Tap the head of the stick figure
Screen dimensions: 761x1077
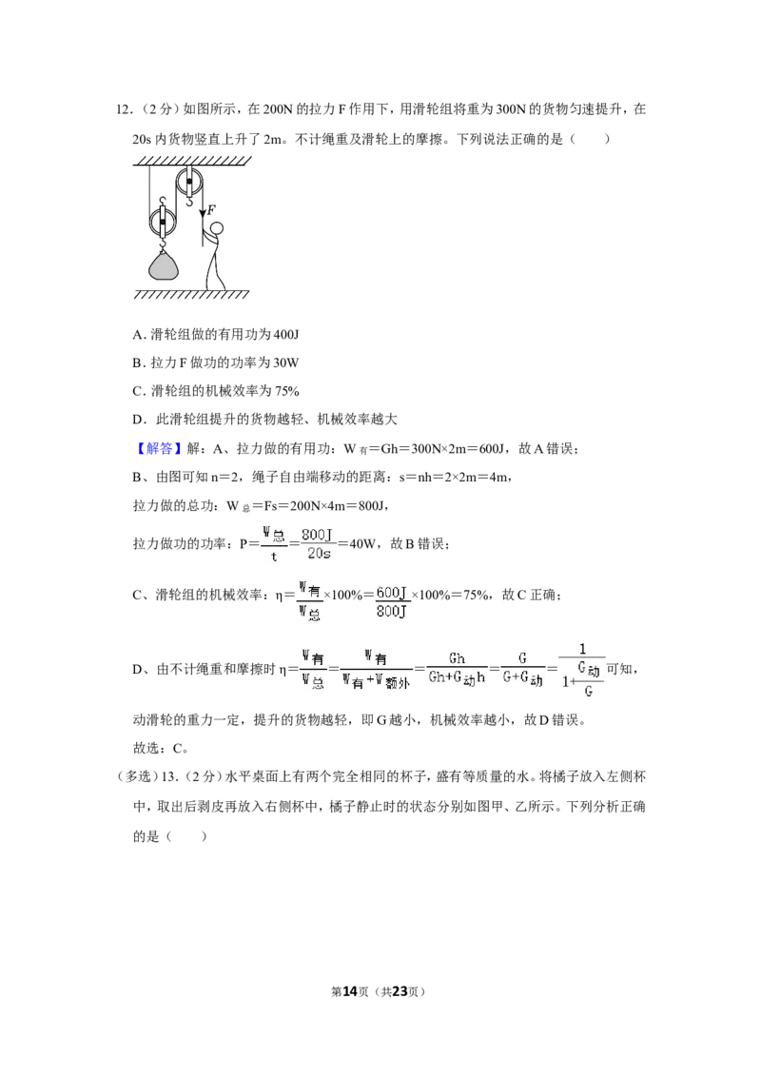[x=216, y=228]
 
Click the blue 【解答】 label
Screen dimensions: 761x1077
[x=160, y=448]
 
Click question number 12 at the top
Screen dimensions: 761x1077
[x=124, y=109]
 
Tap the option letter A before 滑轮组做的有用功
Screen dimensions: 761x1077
[x=138, y=335]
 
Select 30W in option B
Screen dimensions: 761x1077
[x=286, y=362]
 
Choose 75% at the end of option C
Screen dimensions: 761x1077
[x=287, y=391]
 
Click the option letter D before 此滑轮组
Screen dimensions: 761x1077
[x=138, y=420]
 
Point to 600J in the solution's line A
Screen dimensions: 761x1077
[x=492, y=449]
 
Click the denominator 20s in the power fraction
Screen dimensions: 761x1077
[x=319, y=554]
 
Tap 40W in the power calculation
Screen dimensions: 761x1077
[x=363, y=544]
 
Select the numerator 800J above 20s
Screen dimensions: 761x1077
[x=318, y=534]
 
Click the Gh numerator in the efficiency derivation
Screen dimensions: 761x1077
[x=457, y=658]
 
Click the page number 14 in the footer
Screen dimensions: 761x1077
[x=350, y=991]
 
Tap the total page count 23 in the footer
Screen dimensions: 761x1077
[x=400, y=991]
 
